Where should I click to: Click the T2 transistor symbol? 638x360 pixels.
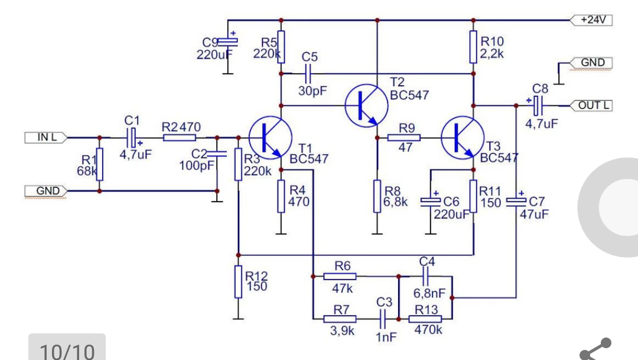366,105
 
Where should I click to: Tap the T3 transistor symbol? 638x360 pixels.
463,138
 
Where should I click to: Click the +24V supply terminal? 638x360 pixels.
591,20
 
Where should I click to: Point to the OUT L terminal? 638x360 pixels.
591,105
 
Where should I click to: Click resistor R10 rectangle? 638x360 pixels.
473,47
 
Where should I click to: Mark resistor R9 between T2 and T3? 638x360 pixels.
403,138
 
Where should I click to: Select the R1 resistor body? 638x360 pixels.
100,164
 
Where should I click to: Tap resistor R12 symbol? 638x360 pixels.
239,282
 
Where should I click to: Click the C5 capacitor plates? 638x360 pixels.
308,74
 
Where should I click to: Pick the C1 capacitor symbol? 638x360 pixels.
132,138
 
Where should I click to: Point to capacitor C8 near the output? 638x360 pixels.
538,105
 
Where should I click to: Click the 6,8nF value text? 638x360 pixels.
429,293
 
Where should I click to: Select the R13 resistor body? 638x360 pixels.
425,319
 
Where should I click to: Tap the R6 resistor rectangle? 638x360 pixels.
340,277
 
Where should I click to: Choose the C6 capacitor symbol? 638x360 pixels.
431,202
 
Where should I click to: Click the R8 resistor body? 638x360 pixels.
377,196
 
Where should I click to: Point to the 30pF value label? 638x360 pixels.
313,91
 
